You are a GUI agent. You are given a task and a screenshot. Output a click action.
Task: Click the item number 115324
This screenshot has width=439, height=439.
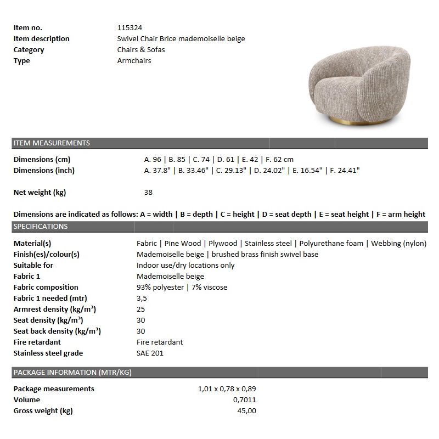(x=130, y=27)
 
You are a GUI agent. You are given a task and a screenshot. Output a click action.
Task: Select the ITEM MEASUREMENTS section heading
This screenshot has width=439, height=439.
(x=52, y=143)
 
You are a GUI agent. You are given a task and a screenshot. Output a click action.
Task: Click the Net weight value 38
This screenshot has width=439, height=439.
(x=148, y=193)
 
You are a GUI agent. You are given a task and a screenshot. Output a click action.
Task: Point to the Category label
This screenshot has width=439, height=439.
(x=29, y=49)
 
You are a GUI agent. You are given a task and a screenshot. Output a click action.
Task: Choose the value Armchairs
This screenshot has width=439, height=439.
(x=134, y=60)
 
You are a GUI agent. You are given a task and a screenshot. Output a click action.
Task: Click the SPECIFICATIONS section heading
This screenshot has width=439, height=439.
(x=41, y=227)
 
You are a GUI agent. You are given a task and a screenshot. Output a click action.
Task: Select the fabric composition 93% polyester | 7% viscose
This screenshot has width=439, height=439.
(x=182, y=287)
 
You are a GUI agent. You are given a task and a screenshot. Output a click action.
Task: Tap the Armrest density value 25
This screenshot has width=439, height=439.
(x=141, y=309)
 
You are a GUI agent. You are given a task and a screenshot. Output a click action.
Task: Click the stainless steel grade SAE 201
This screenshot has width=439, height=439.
(x=150, y=353)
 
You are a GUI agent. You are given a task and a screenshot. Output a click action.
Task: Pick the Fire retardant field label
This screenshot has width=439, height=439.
(x=37, y=342)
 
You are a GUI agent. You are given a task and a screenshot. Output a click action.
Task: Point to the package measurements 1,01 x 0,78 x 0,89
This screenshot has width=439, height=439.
(x=227, y=389)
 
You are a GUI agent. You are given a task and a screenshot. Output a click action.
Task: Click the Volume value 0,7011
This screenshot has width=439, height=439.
(x=244, y=399)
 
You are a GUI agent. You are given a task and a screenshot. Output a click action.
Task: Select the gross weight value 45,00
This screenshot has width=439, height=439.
(x=245, y=410)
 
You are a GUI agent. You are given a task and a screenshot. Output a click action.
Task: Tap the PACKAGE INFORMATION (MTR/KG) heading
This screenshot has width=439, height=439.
(x=72, y=373)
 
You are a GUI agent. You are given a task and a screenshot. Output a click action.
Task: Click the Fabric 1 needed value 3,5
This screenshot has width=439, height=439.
(x=142, y=298)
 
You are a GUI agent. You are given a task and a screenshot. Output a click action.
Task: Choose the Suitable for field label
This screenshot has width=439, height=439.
(x=33, y=265)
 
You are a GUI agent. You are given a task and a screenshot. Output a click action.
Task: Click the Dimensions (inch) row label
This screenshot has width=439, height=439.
(x=44, y=170)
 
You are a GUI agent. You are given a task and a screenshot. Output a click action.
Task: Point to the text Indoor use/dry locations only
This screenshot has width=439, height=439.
(x=185, y=265)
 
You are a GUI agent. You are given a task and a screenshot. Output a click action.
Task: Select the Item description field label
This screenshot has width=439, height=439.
(x=42, y=38)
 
